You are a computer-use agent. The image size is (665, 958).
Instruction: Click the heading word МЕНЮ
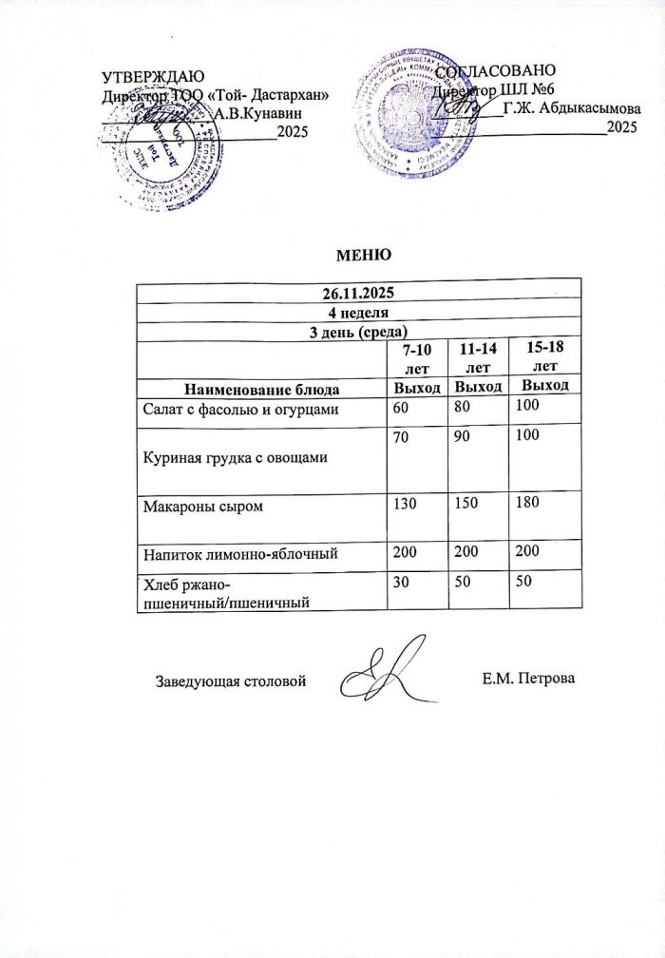pyautogui.click(x=360, y=255)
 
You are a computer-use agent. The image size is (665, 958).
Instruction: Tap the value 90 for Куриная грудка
pyautogui.click(x=464, y=434)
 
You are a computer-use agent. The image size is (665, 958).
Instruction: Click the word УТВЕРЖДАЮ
pyautogui.click(x=153, y=77)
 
